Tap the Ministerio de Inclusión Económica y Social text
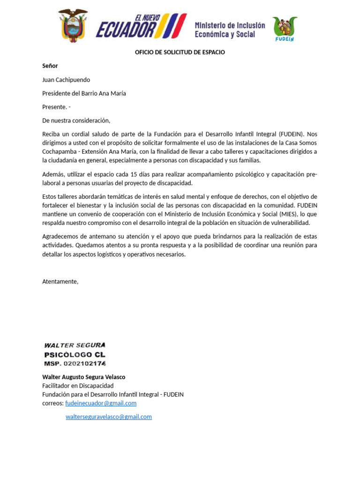point(230,30)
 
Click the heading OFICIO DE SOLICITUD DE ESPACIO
point(180,52)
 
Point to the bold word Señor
point(50,66)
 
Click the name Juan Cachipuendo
point(66,80)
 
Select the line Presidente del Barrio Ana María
point(84,93)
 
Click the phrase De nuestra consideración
point(76,120)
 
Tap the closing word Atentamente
point(60,282)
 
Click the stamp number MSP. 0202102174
point(75,364)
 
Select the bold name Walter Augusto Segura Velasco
point(83,377)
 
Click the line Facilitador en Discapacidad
point(78,386)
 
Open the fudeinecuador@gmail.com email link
point(101,403)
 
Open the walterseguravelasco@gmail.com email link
point(109,417)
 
